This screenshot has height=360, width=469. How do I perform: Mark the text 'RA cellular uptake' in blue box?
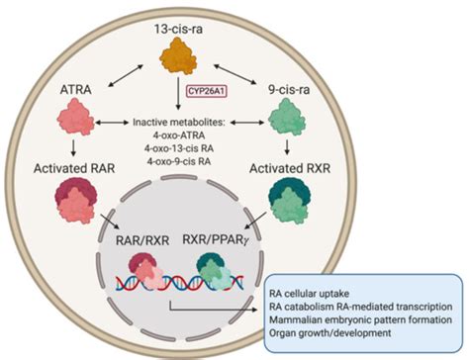(333, 288)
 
